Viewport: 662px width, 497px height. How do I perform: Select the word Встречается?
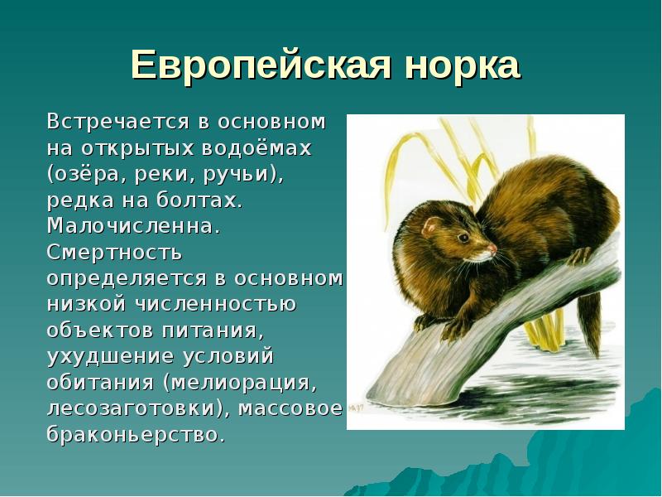[118, 123]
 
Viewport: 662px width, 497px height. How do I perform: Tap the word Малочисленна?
[133, 225]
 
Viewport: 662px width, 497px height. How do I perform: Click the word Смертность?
[114, 251]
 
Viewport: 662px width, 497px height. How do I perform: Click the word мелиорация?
[244, 382]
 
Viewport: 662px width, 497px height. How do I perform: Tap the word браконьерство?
[135, 434]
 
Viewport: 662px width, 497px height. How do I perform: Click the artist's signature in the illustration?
[356, 407]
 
